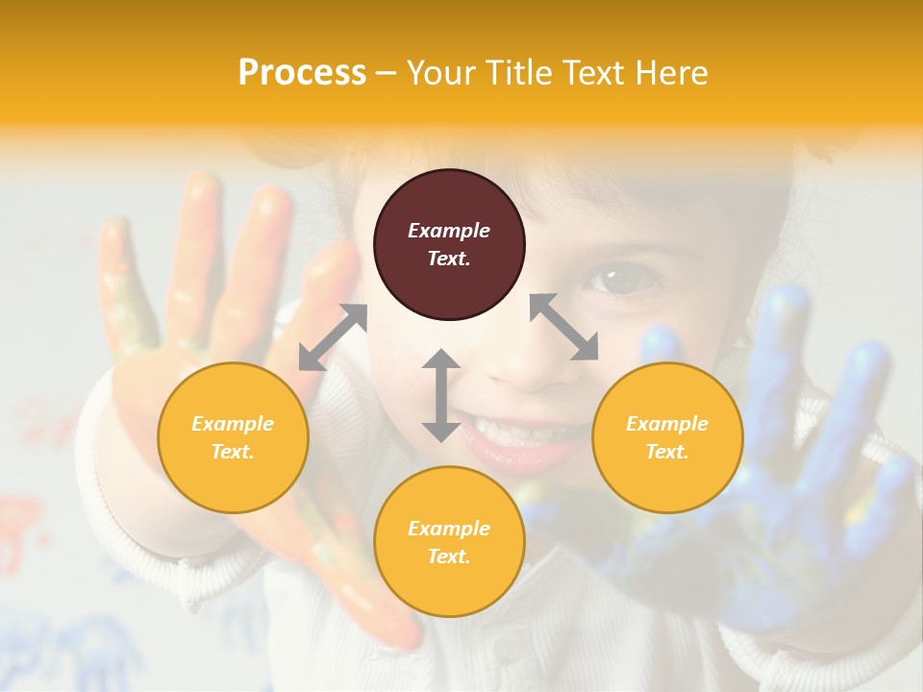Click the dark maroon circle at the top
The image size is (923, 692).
(449, 245)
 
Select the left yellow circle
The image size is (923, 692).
(233, 437)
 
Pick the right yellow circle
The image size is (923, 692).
(667, 437)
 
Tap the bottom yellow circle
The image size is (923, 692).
(449, 542)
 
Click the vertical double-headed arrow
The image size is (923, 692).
(441, 395)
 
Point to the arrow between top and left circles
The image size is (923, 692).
(333, 337)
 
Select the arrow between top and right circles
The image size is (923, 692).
(564, 328)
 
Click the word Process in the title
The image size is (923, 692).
(302, 73)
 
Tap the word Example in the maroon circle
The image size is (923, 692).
(449, 231)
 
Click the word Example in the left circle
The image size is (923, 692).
(233, 424)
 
